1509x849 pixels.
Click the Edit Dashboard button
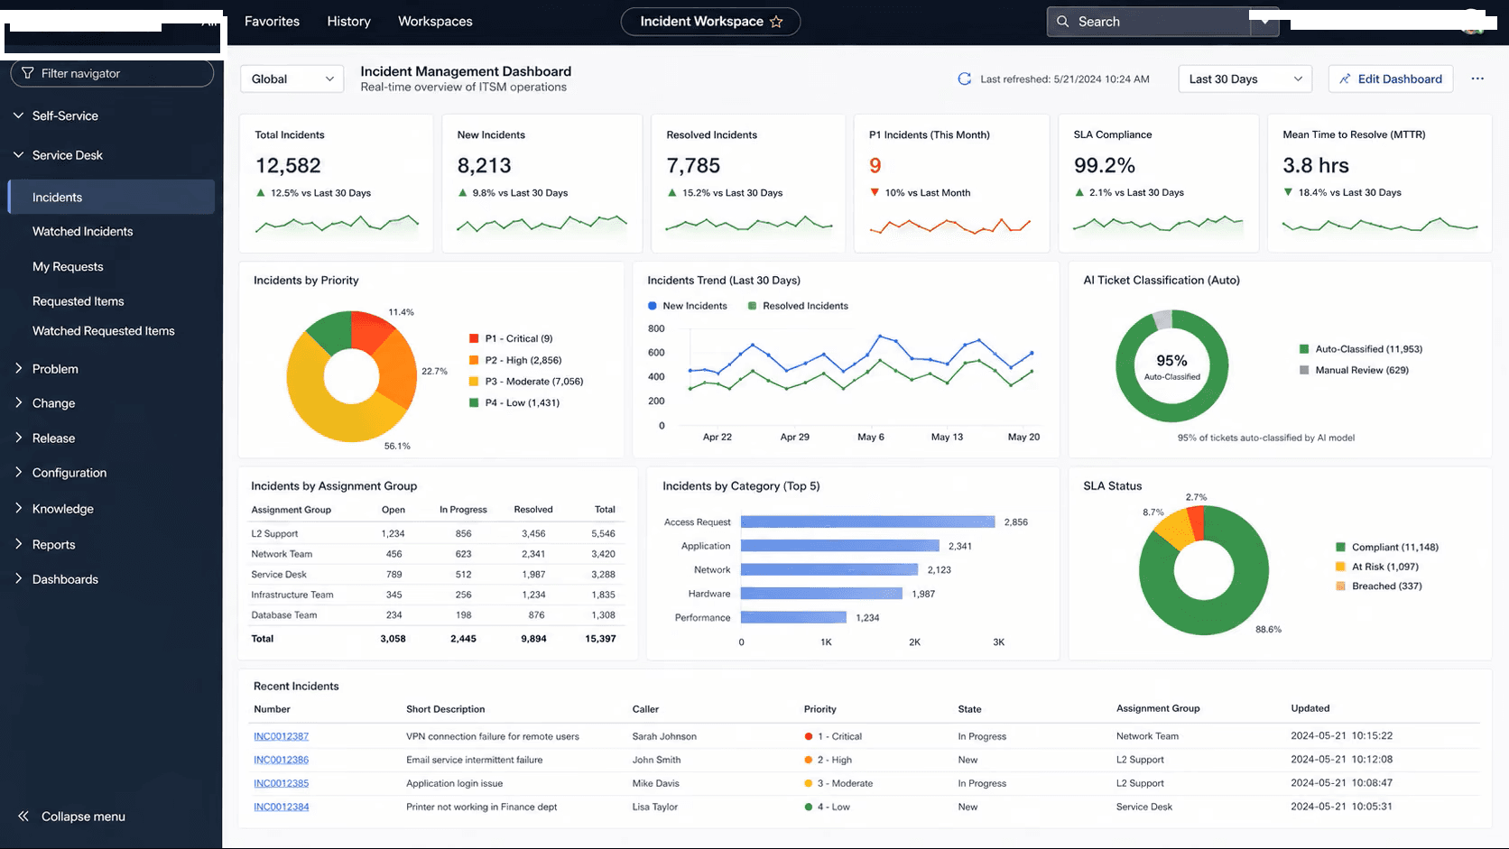[x=1391, y=78]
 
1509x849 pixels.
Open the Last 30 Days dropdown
[x=1245, y=78]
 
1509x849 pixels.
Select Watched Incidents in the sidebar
[x=83, y=231]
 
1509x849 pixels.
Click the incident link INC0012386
[x=281, y=760]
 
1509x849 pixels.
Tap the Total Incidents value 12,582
[x=288, y=165]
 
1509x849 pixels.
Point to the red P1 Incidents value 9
[x=875, y=165]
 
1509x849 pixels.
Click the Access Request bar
[x=867, y=521]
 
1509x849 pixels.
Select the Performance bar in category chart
[x=793, y=617]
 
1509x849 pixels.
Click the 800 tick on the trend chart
[x=656, y=328]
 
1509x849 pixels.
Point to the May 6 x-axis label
[x=870, y=437]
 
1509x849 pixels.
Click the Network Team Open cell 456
[x=393, y=554]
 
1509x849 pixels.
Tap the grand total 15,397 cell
[x=600, y=638]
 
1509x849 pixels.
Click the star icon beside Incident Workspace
[x=776, y=22]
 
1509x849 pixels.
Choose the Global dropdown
[x=292, y=78]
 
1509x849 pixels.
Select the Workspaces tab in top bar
[x=435, y=21]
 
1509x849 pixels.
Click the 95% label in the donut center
[x=1171, y=360]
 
